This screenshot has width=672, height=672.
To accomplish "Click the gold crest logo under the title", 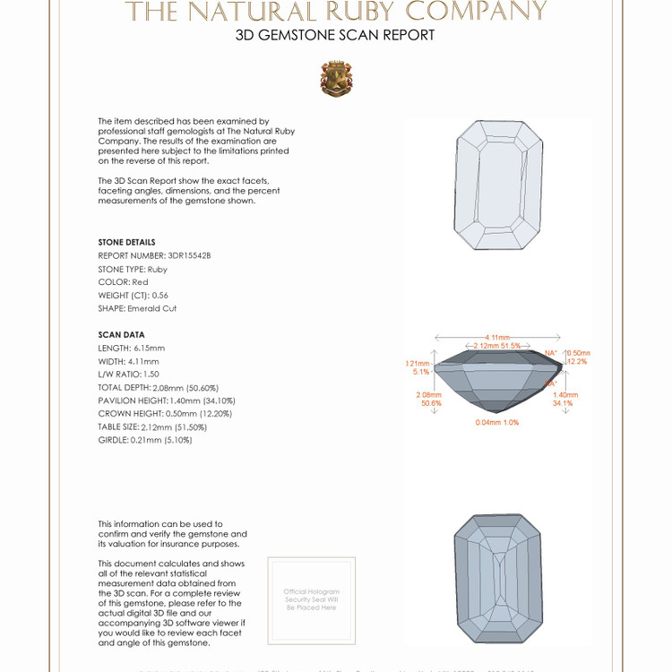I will tap(336, 79).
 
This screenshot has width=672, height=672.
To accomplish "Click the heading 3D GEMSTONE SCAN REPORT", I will tap(335, 35).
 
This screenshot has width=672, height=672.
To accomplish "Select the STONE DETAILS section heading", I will tap(126, 242).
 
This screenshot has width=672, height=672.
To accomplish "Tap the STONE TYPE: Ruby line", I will tap(133, 269).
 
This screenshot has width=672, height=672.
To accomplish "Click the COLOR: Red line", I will tap(123, 282).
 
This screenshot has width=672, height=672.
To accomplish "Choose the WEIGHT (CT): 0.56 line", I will tap(134, 295).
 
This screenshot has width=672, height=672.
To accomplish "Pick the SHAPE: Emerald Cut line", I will tap(137, 308).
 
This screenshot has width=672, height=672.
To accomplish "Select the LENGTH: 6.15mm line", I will tap(131, 348).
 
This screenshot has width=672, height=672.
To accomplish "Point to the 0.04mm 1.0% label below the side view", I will tap(497, 422).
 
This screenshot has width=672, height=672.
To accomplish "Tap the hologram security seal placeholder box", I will tap(312, 599).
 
